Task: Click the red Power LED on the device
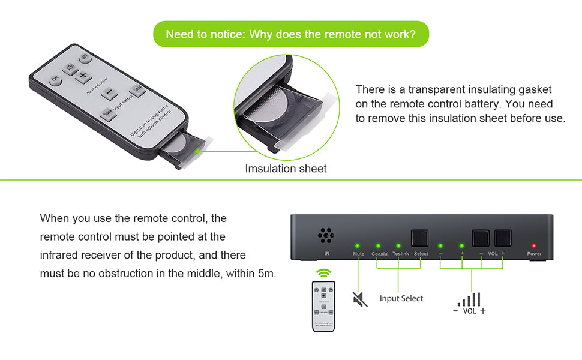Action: click(x=533, y=246)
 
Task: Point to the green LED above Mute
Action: click(x=358, y=246)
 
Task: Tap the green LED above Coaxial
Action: click(x=378, y=246)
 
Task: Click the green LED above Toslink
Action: click(x=398, y=246)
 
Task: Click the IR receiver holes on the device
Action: click(x=326, y=236)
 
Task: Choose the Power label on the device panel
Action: click(x=534, y=254)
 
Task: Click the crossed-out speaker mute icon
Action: click(x=359, y=299)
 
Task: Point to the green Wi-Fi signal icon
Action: click(x=324, y=272)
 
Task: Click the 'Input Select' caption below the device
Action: click(x=401, y=298)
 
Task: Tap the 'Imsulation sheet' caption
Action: click(x=286, y=169)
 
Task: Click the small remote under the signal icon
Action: click(x=323, y=306)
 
